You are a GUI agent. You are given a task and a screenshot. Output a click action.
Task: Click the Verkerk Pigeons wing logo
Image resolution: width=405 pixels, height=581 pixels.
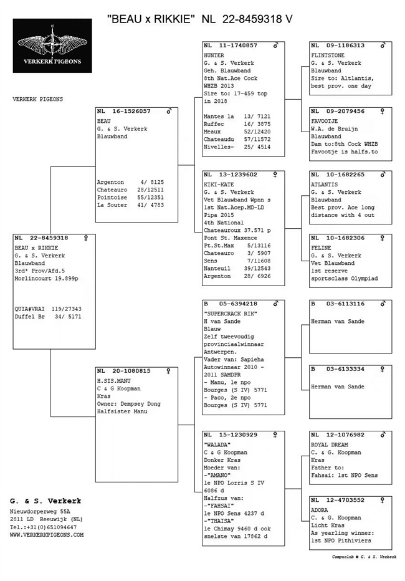52,46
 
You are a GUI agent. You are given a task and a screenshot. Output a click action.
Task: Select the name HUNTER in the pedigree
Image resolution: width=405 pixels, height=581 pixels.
214,55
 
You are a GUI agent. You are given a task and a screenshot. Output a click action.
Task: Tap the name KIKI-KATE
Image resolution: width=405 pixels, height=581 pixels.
218,184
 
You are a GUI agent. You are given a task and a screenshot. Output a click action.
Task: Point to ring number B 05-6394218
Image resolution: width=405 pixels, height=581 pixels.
230,304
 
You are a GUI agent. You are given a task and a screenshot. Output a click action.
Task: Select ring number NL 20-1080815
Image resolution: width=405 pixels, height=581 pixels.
123,371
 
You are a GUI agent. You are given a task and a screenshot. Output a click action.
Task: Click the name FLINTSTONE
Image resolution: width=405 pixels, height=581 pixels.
327,55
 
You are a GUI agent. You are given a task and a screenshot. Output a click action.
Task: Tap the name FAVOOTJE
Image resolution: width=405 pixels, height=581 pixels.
325,120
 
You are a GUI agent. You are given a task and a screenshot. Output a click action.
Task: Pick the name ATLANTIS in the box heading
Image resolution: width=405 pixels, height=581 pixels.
324,185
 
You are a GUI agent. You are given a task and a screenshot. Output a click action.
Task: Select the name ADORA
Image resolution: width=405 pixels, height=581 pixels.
319,509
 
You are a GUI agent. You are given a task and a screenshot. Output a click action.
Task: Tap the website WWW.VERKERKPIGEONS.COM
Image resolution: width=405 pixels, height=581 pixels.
47,534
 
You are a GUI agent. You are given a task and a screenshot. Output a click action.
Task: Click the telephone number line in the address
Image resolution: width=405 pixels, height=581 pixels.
44,526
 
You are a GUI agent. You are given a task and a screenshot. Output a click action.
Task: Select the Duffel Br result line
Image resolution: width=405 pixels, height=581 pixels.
48,316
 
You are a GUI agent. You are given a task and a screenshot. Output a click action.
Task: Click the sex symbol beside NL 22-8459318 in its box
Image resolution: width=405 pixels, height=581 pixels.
86,238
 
